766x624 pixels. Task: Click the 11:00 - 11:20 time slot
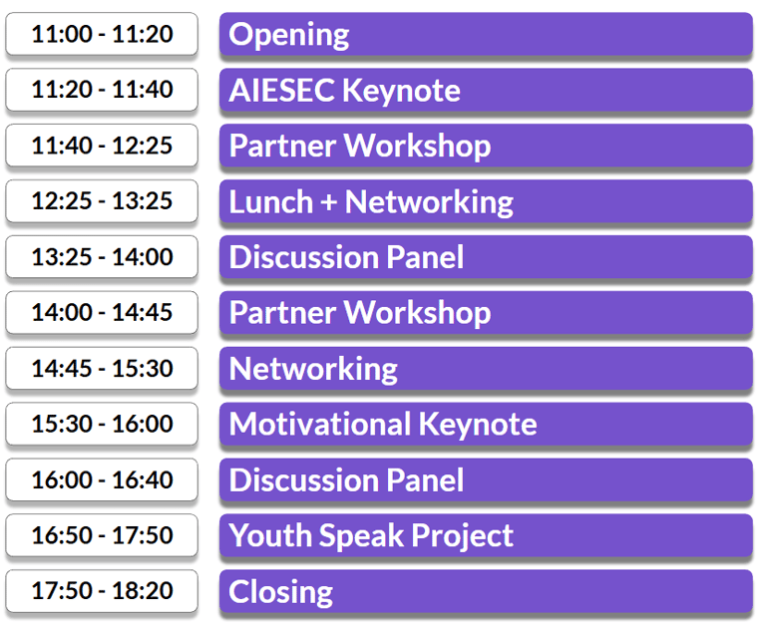[102, 34]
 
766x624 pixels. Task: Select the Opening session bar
[486, 34]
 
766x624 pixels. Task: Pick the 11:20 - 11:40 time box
[102, 90]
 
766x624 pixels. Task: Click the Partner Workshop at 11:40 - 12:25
[486, 146]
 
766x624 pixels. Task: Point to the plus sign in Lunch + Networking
[329, 202]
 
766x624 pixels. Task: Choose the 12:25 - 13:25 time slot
[102, 201]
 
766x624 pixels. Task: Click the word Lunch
[270, 201]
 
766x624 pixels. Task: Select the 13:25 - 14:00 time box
[102, 257]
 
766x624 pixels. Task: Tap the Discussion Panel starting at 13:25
[486, 257]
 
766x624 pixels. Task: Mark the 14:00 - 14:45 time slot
[102, 312]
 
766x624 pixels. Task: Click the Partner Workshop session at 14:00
[486, 312]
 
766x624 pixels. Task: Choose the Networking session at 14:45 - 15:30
[486, 368]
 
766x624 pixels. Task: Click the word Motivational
[320, 424]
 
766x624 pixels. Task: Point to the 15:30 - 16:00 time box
[102, 424]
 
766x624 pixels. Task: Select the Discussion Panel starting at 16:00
[486, 479]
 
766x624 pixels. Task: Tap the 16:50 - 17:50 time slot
[102, 535]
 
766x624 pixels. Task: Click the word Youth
[270, 535]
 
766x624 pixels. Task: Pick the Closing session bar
[486, 591]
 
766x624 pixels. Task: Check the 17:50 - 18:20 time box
[102, 591]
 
